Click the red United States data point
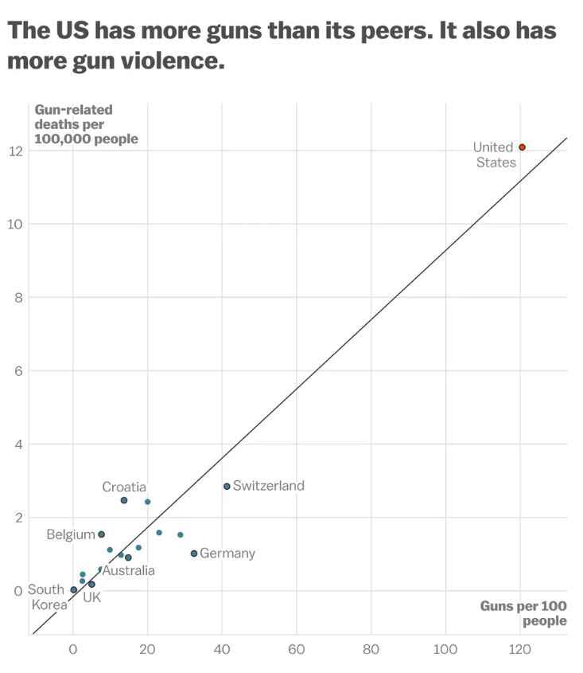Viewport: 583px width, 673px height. click(x=522, y=147)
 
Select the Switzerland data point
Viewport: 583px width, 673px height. click(x=227, y=486)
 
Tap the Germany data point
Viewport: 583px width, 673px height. click(x=193, y=554)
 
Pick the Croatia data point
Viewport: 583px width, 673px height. click(x=124, y=500)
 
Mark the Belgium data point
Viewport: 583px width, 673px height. click(x=101, y=534)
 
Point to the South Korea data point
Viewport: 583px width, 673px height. click(x=74, y=590)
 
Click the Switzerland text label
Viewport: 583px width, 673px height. click(x=269, y=486)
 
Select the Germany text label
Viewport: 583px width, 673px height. click(x=227, y=554)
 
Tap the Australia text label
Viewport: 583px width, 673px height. click(x=129, y=571)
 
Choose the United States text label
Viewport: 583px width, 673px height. click(x=495, y=155)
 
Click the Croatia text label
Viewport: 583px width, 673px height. click(x=124, y=487)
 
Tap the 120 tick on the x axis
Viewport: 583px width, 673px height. click(x=520, y=650)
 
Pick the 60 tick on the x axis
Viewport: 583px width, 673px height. click(x=297, y=650)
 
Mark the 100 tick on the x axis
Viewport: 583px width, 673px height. click(x=445, y=650)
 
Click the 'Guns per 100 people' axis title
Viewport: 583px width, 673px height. click(x=523, y=613)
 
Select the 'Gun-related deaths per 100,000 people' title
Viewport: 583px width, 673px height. click(x=86, y=124)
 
